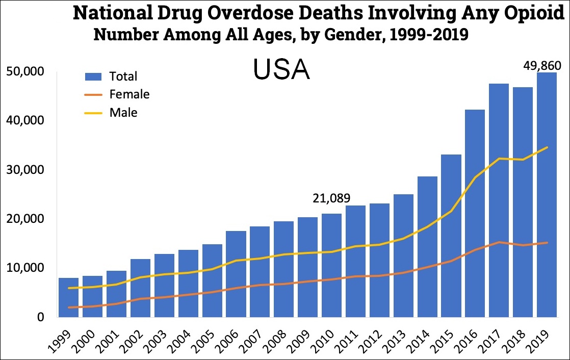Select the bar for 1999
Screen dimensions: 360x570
click(x=68, y=301)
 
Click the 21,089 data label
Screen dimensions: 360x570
click(x=331, y=198)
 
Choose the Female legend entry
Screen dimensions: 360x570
click(x=129, y=94)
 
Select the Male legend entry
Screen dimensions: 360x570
click(x=123, y=112)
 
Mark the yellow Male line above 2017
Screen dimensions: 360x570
click(x=499, y=159)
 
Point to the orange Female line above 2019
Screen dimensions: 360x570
click(x=546, y=243)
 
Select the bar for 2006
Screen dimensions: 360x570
click(x=236, y=286)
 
